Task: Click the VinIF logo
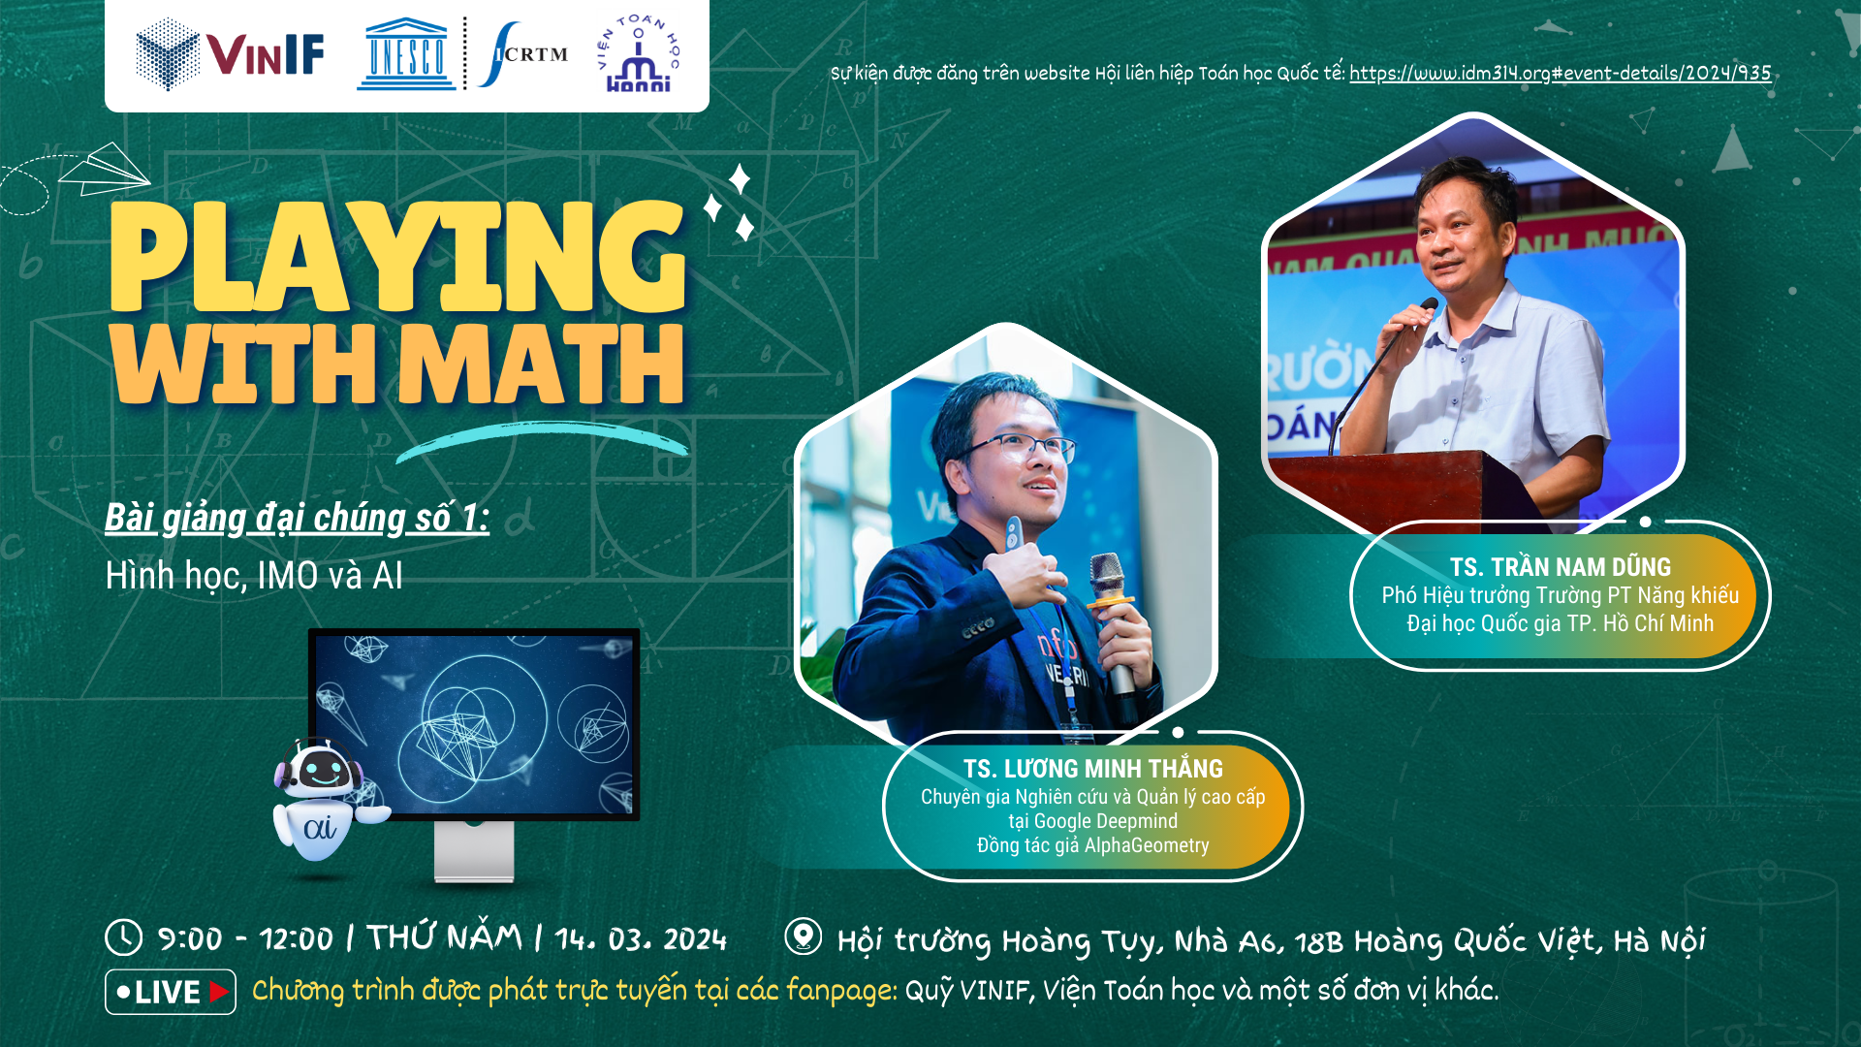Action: point(230,54)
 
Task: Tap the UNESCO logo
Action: point(406,54)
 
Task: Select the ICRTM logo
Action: point(523,54)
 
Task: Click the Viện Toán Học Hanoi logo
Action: point(638,54)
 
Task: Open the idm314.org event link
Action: point(1560,73)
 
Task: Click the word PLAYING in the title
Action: point(397,257)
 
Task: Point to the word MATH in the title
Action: point(541,364)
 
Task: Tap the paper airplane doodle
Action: point(105,169)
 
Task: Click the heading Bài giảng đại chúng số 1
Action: point(297,518)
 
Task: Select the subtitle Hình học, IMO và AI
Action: point(254,576)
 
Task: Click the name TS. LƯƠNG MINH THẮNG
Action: point(1092,769)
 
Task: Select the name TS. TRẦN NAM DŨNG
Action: point(1560,567)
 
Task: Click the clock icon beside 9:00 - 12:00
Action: point(124,937)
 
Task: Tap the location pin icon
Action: point(803,936)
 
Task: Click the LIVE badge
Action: point(171,992)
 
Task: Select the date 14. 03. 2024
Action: point(641,938)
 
